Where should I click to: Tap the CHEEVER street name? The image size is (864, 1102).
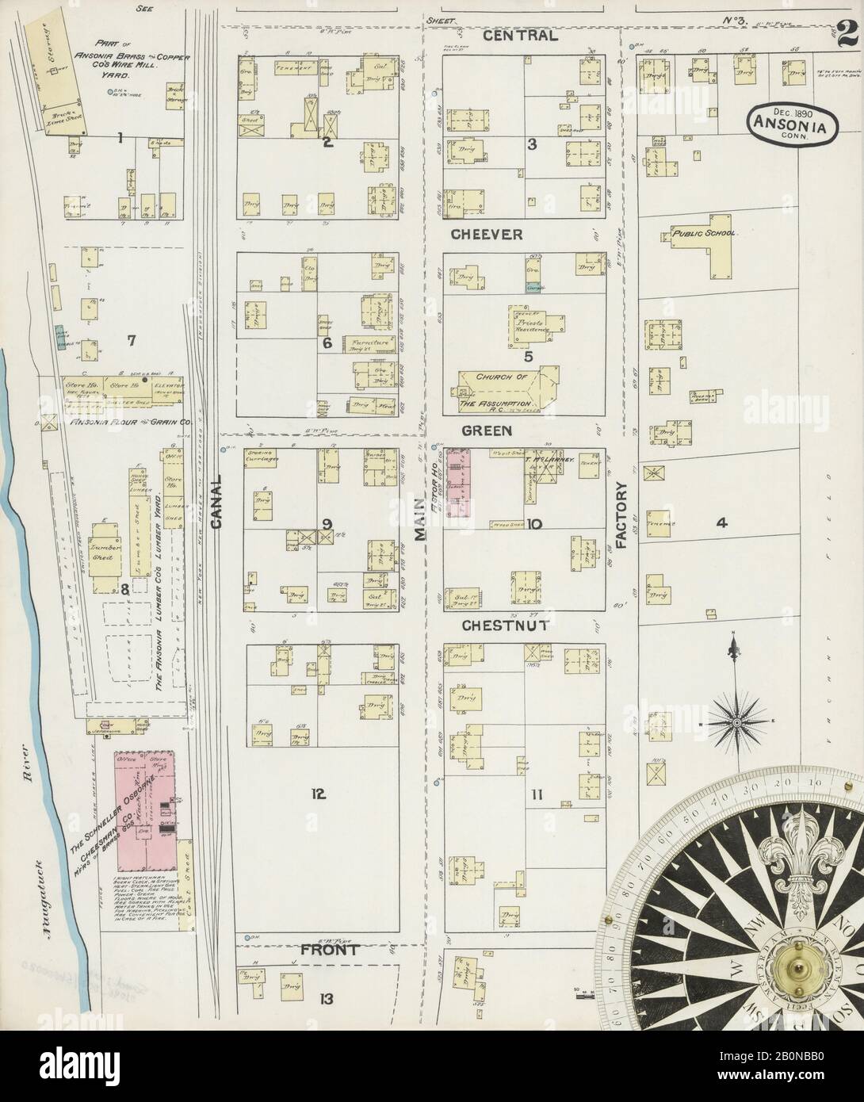[487, 235]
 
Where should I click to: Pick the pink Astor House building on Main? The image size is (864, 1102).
[458, 483]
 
